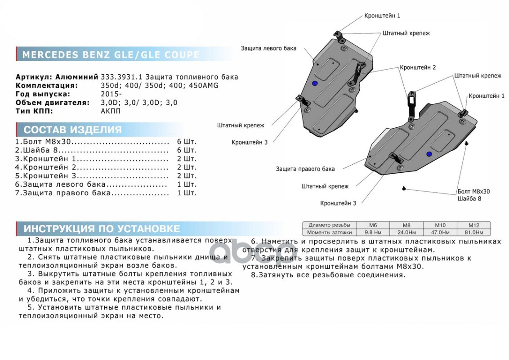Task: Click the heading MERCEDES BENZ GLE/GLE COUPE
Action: click(111, 55)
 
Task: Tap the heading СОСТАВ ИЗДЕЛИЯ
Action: click(72, 130)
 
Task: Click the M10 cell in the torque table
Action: click(440, 225)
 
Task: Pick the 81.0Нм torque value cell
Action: click(473, 233)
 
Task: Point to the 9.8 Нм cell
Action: click(372, 233)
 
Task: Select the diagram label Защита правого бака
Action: click(305, 169)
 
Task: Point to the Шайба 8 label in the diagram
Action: click(469, 198)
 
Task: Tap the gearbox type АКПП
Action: click(111, 111)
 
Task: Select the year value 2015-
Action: click(111, 94)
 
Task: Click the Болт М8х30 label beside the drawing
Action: click(473, 191)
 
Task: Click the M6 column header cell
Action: click(372, 225)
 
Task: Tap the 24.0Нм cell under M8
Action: click(406, 233)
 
